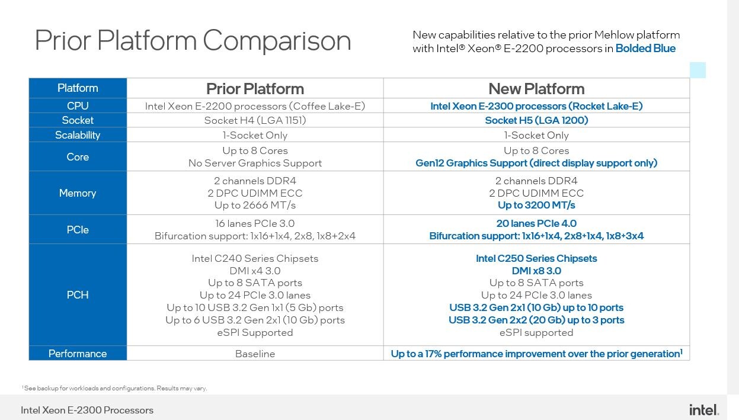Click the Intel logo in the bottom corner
[704, 410]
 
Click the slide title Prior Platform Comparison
[193, 40]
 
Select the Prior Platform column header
[255, 89]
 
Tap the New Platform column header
[536, 89]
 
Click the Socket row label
[78, 120]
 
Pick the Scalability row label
[78, 135]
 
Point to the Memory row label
[78, 193]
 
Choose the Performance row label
[78, 354]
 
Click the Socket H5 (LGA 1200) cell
[536, 120]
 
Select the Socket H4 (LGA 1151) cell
[255, 120]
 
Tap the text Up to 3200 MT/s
[536, 205]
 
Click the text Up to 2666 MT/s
[255, 205]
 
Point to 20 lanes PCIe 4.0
[536, 223]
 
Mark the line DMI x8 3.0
[536, 271]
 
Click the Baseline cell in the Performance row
[255, 354]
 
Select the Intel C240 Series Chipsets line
[255, 258]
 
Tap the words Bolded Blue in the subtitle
[645, 49]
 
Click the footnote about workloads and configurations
[114, 388]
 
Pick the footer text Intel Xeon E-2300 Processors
[87, 410]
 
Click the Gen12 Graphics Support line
[536, 163]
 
